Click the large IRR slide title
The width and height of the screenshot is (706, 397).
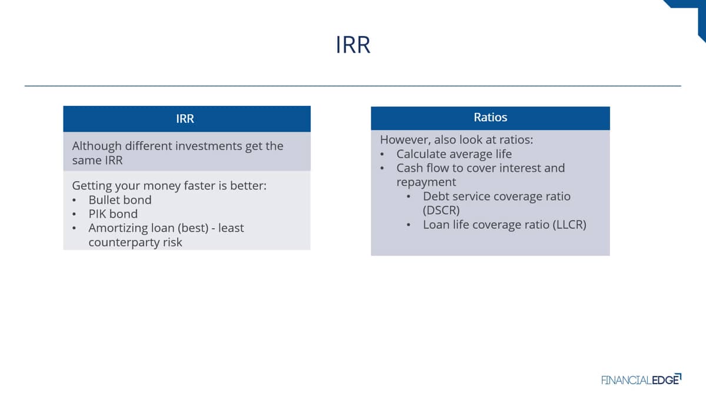353,45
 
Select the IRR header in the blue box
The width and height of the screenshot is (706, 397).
185,119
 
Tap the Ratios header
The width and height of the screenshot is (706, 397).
491,117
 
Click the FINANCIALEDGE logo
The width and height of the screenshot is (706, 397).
641,379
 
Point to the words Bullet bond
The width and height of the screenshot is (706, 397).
120,200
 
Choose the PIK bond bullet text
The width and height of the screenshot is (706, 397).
113,214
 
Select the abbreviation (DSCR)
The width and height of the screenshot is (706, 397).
441,210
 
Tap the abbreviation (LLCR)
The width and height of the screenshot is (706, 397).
570,225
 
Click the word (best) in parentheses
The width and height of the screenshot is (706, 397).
193,228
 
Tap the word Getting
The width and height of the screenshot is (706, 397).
92,186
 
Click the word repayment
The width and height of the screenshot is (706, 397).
426,182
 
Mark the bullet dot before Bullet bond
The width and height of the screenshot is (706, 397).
74,201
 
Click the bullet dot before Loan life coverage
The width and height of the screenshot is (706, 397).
408,225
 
